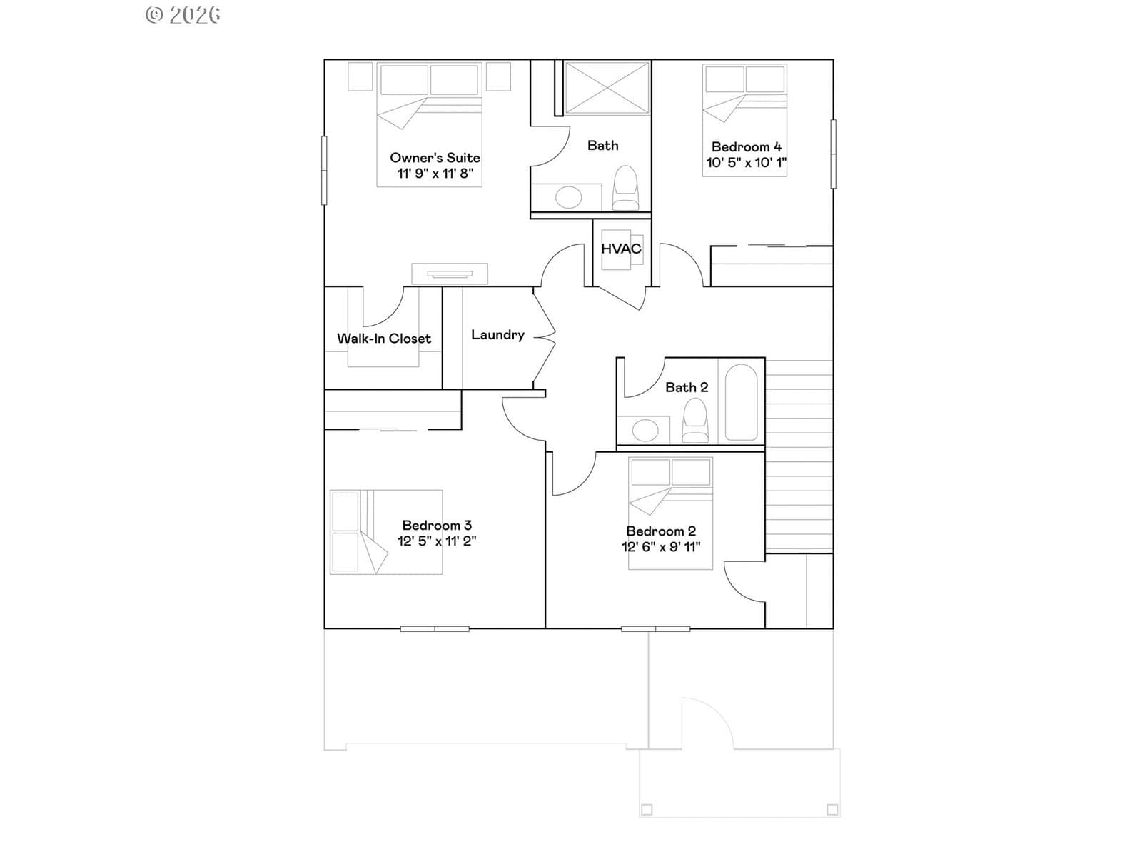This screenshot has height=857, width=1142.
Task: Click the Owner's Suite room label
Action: [435, 158]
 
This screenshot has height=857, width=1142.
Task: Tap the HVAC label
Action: [621, 249]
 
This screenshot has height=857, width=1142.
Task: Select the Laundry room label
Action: [498, 334]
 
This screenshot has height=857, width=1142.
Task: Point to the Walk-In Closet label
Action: [384, 339]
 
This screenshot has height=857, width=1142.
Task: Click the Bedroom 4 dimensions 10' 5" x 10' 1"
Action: [746, 162]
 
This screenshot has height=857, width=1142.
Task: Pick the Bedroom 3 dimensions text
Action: [437, 541]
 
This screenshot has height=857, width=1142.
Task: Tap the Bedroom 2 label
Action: [661, 531]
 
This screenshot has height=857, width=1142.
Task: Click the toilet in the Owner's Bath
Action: [625, 188]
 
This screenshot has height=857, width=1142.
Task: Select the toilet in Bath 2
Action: [695, 421]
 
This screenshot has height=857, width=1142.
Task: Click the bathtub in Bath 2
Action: [741, 402]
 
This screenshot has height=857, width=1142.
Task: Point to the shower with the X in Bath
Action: [607, 87]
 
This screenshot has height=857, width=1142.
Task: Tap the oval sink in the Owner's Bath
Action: [568, 198]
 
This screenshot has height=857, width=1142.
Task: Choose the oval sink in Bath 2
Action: [645, 431]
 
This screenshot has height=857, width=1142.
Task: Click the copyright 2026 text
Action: [183, 15]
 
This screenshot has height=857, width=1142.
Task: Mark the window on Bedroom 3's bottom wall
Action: [435, 629]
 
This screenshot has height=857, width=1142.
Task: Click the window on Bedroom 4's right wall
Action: [833, 154]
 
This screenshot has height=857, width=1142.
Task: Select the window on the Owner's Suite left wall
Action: [324, 170]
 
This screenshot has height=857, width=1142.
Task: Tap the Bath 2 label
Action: [687, 387]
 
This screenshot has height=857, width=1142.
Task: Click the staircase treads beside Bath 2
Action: [799, 456]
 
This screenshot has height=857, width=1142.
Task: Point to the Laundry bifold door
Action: [544, 338]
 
